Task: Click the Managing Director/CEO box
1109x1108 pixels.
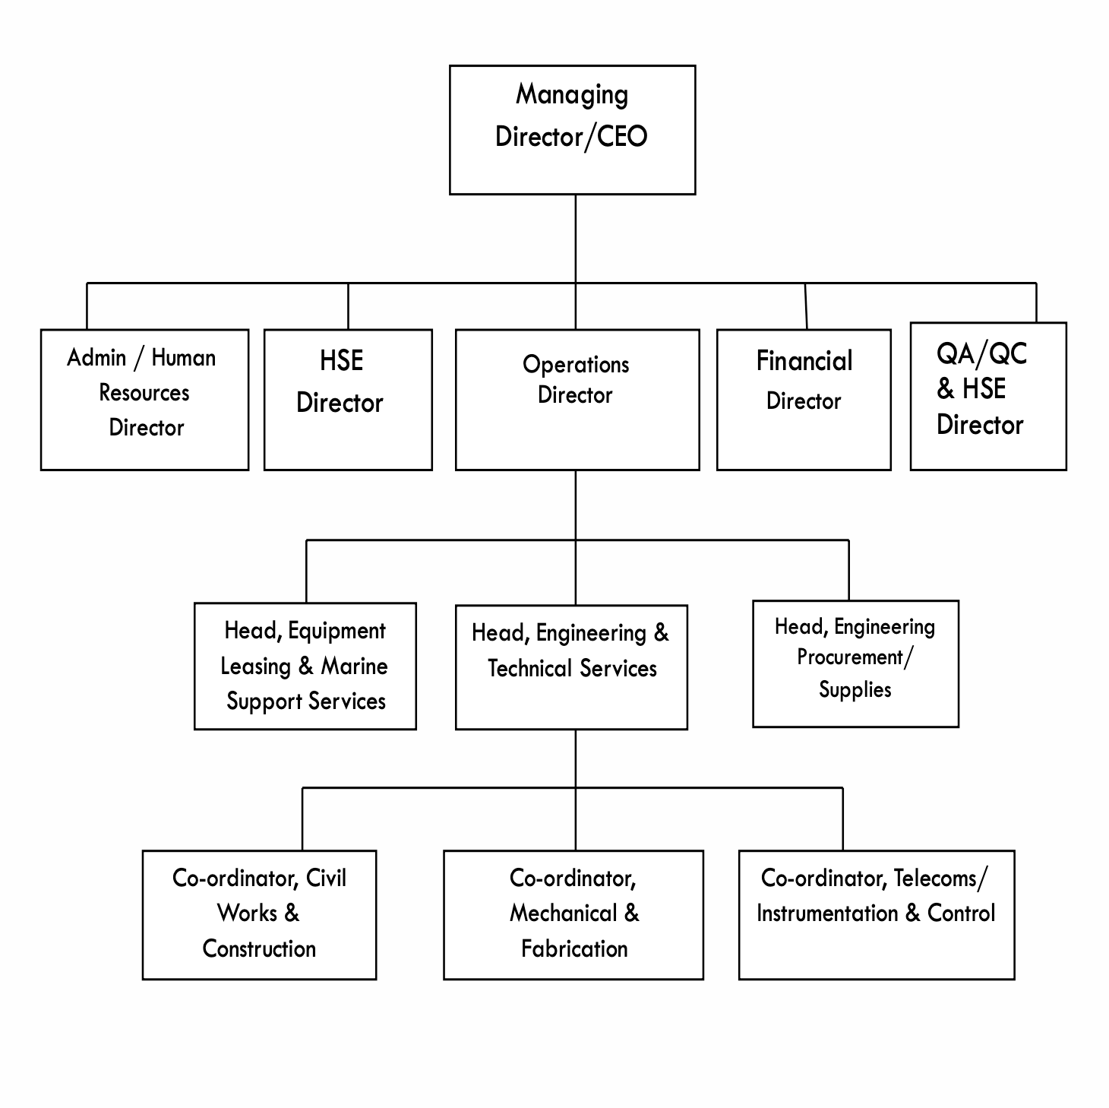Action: [572, 130]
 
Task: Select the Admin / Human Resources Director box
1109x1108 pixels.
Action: [144, 400]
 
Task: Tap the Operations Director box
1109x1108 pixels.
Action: [577, 400]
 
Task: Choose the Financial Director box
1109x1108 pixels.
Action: [804, 400]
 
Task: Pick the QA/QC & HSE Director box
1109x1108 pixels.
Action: [988, 396]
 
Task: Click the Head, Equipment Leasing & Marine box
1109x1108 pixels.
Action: [305, 666]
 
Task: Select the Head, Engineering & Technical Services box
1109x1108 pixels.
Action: [571, 667]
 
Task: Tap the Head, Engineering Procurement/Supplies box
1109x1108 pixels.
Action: [855, 663]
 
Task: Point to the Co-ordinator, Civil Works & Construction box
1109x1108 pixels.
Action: [259, 914]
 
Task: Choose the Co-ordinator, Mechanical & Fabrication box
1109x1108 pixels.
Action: [573, 914]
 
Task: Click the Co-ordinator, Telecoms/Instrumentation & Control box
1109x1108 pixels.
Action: [877, 914]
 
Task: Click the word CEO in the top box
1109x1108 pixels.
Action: [622, 137]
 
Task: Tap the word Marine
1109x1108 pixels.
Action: [355, 666]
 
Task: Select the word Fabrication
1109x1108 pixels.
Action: [574, 948]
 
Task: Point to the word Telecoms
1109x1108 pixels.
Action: [935, 878]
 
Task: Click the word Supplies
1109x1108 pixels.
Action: [855, 689]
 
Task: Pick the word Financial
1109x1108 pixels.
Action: [804, 361]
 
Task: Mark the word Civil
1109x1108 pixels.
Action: [327, 878]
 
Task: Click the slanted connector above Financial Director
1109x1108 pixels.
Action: [806, 305]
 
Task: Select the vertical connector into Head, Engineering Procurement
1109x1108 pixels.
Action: [849, 570]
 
